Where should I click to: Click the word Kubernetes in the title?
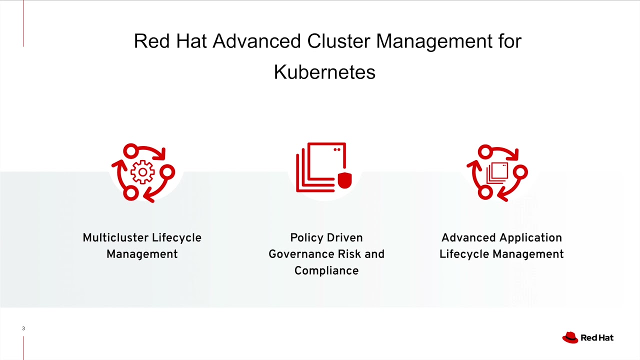point(324,72)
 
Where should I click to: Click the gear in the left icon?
point(142,172)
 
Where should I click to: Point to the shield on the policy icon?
point(344,181)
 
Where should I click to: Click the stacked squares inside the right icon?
point(497,172)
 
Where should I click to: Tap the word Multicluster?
point(115,237)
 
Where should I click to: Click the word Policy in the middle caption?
point(305,237)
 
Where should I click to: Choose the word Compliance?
point(326,270)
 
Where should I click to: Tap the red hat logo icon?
point(570,337)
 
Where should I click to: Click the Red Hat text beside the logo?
point(597,338)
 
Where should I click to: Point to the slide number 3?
point(23,328)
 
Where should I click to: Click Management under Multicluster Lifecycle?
point(142,254)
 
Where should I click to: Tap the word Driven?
point(346,237)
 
